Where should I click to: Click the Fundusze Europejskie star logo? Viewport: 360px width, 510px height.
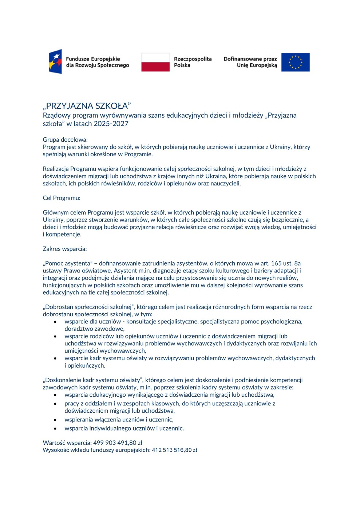pos(55,62)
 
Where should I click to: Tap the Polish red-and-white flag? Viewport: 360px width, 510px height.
pos(155,62)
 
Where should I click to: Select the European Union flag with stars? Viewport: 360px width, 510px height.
pos(295,62)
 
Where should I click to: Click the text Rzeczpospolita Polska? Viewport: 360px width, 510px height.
pos(193,62)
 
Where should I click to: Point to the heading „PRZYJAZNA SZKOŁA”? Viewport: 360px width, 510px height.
pos(87,106)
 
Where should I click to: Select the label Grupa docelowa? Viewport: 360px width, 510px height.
pos(65,140)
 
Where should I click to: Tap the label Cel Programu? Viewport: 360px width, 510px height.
pos(62,198)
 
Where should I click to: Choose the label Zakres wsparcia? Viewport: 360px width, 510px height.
pos(65,249)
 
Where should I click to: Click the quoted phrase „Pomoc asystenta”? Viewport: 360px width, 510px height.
pos(67,263)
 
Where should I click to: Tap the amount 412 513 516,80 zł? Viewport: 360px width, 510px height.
pos(174,450)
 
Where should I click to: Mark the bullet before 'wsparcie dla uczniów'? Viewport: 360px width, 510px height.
pos(55,322)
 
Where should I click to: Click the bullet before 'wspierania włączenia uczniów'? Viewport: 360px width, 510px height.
pos(55,420)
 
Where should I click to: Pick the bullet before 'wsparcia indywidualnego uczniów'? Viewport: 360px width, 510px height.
pos(55,429)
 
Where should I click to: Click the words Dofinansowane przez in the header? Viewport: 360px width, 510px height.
pos(250,59)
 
